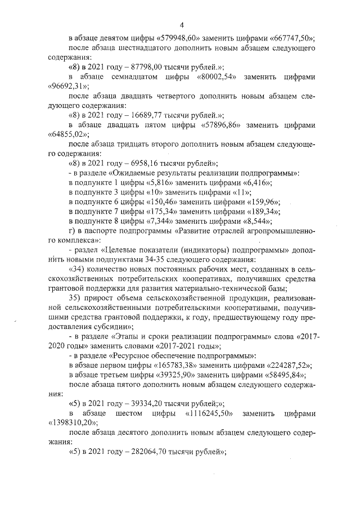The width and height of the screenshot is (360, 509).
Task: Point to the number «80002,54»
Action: point(218,76)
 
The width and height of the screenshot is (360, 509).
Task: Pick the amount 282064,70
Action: point(141,451)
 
